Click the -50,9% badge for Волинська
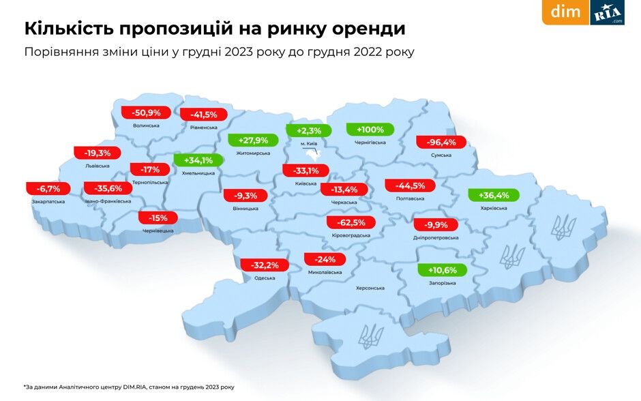(x=141, y=113)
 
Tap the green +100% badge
(x=370, y=130)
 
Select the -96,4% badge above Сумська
(x=441, y=143)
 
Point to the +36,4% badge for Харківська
(x=494, y=195)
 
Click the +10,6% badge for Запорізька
(x=442, y=270)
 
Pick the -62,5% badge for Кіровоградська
(x=351, y=222)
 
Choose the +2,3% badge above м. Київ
(x=308, y=131)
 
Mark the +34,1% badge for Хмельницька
(x=198, y=161)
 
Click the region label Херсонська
(x=370, y=288)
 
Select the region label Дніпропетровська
(x=436, y=238)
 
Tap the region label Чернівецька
(x=158, y=231)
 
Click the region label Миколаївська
(x=325, y=272)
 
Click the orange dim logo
(x=565, y=12)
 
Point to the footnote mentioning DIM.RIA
(x=129, y=387)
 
